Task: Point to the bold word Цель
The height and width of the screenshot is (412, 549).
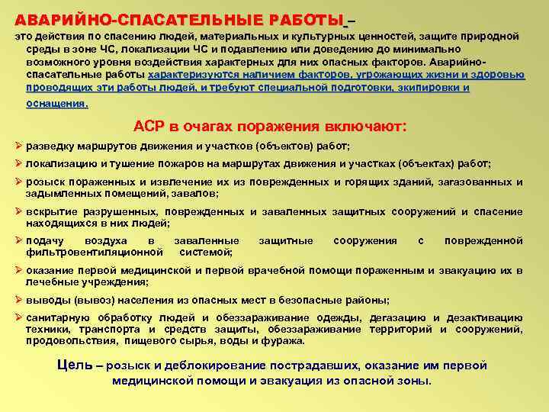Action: (x=75, y=364)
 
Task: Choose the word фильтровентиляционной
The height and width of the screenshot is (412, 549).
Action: (x=95, y=251)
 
